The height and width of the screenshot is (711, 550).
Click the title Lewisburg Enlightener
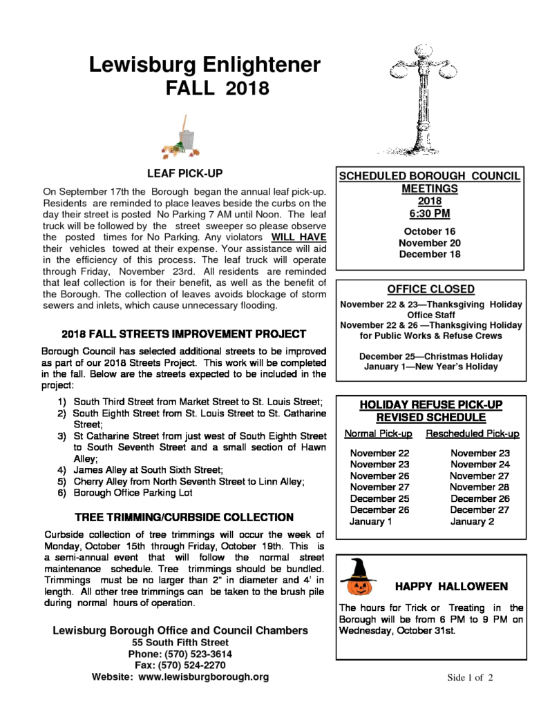click(205, 66)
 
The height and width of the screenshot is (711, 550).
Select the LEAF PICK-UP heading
click(184, 173)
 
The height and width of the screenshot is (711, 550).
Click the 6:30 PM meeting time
click(429, 213)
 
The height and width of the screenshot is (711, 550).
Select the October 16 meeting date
click(430, 231)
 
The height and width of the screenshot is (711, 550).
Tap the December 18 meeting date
click(430, 255)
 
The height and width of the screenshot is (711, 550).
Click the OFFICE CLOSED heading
click(430, 289)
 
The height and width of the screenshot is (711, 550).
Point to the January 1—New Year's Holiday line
click(430, 367)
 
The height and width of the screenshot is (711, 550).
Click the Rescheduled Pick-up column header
click(473, 434)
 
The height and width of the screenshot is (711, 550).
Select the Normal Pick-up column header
click(379, 434)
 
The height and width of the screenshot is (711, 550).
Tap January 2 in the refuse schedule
click(472, 521)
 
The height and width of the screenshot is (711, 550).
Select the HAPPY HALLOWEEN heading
click(451, 587)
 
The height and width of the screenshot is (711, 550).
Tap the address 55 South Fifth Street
click(180, 642)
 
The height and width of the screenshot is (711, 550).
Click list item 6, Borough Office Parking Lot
click(132, 493)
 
